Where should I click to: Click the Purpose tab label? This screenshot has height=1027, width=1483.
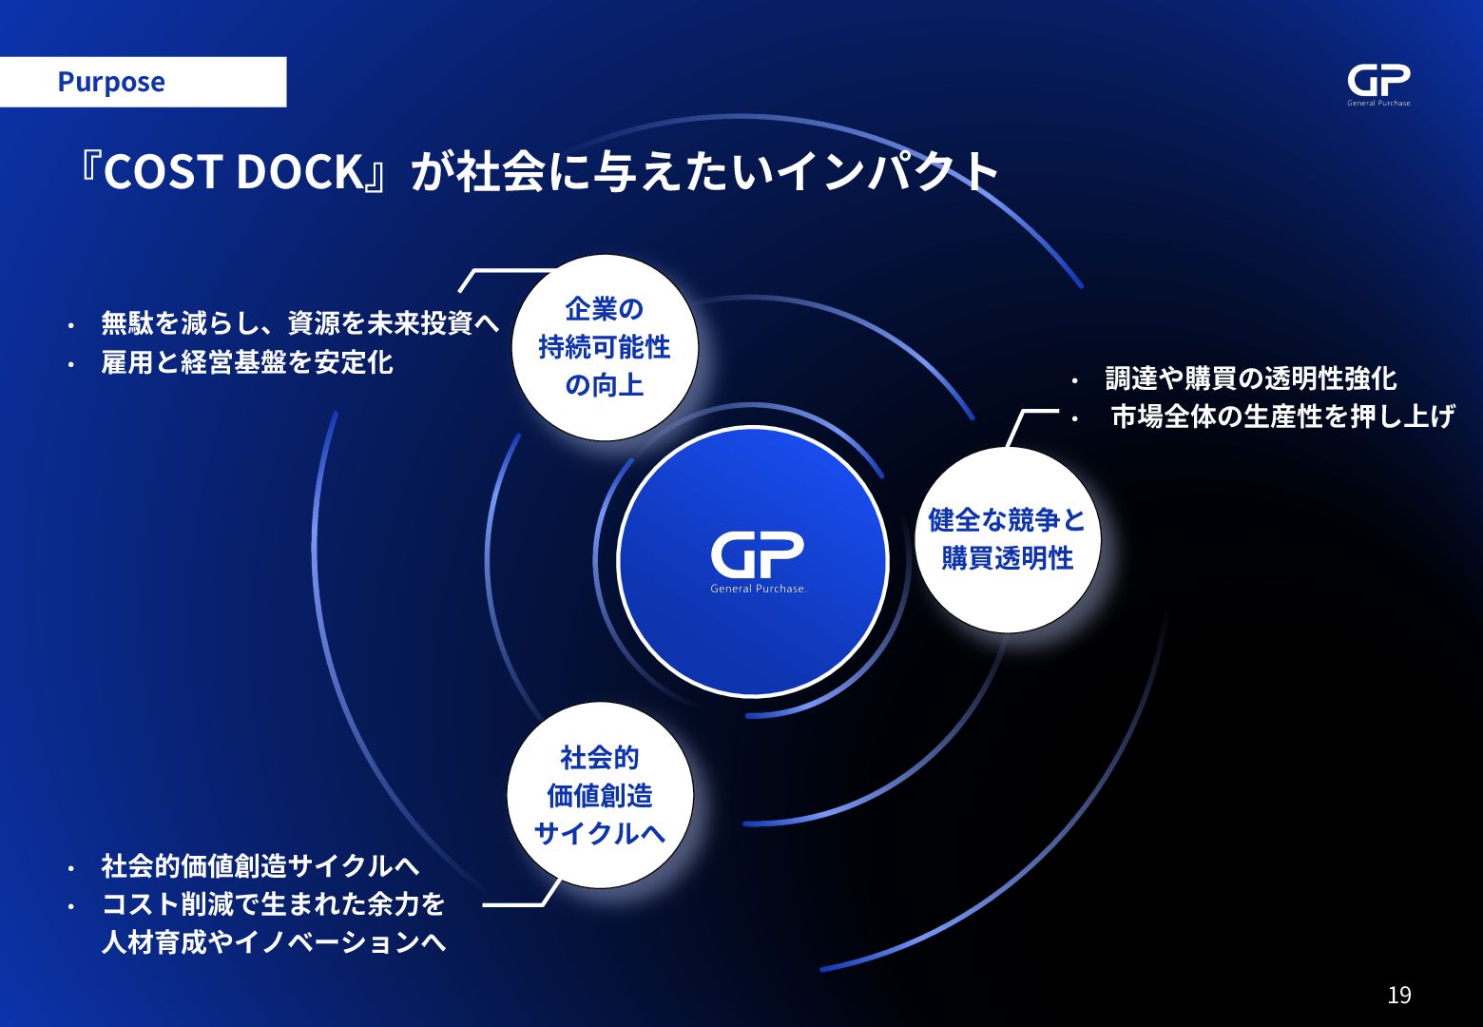pyautogui.click(x=111, y=82)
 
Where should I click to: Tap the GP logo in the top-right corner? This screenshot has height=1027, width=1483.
pyautogui.click(x=1378, y=83)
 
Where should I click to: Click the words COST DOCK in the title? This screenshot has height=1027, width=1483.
pyautogui.click(x=234, y=172)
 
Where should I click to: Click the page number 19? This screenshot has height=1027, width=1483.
pyautogui.click(x=1399, y=995)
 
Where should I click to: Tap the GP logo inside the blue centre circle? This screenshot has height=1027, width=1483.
pyautogui.click(x=758, y=555)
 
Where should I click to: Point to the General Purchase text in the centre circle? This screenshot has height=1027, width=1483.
pyautogui.click(x=758, y=589)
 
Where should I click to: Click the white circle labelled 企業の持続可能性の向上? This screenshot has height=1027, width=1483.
pyautogui.click(x=605, y=348)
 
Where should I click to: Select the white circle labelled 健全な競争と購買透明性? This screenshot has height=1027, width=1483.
pyautogui.click(x=1008, y=539)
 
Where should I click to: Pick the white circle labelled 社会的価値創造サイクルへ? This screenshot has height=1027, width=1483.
pyautogui.click(x=600, y=796)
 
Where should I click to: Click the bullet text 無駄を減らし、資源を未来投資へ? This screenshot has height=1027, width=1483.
pyautogui.click(x=299, y=323)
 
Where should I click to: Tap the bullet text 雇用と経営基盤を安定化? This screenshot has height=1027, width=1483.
pyautogui.click(x=247, y=362)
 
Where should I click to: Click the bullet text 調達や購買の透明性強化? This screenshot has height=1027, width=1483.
pyautogui.click(x=1250, y=378)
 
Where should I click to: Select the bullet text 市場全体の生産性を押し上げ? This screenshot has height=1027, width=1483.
pyautogui.click(x=1282, y=417)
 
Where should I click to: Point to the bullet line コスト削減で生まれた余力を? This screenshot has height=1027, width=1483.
pyautogui.click(x=273, y=903)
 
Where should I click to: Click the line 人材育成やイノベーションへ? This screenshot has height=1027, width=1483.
pyautogui.click(x=274, y=942)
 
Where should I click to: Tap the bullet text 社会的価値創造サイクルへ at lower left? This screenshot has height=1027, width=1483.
pyautogui.click(x=260, y=865)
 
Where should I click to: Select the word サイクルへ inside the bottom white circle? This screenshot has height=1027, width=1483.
pyautogui.click(x=600, y=833)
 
